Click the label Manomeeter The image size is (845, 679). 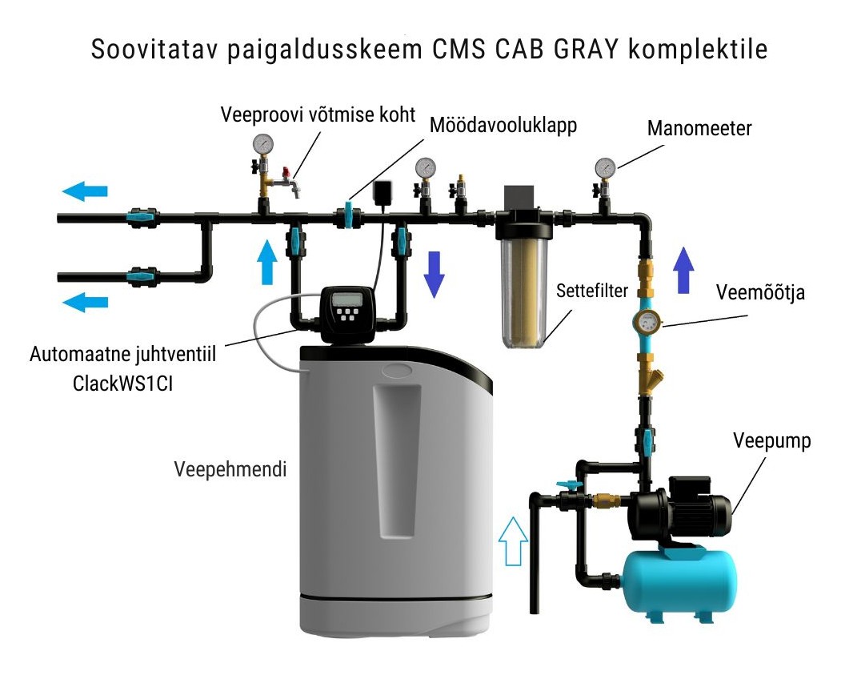pyautogui.click(x=699, y=128)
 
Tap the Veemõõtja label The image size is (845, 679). pyautogui.click(x=760, y=293)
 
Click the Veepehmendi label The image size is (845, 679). pyautogui.click(x=230, y=469)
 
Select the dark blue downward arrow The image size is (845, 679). pyautogui.click(x=434, y=273)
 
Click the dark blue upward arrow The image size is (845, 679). pyautogui.click(x=683, y=270)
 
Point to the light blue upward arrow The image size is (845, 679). pyautogui.click(x=268, y=259)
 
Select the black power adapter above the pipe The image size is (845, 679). pyautogui.click(x=382, y=192)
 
